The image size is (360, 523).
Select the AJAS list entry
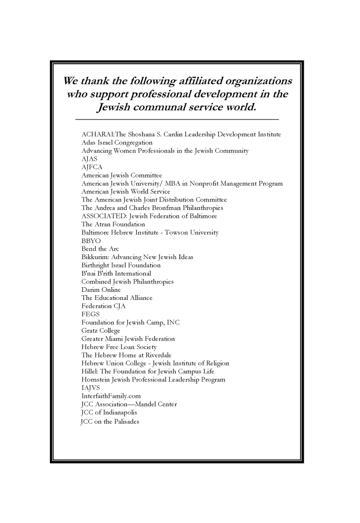pyautogui.click(x=89, y=159)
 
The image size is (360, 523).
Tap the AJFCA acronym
pyautogui.click(x=92, y=167)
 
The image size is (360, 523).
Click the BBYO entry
pyautogui.click(x=91, y=241)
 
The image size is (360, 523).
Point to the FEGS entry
pyautogui.click(x=90, y=314)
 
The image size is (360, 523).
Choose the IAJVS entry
pyautogui.click(x=90, y=388)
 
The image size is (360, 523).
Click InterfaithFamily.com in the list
pyautogui.click(x=111, y=396)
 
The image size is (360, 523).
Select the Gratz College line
pyautogui.click(x=101, y=331)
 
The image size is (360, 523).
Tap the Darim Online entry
pyautogui.click(x=101, y=290)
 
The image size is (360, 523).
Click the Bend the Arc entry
pyautogui.click(x=100, y=249)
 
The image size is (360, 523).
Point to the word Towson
pyautogui.click(x=176, y=233)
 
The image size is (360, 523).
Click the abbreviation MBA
pyautogui.click(x=172, y=183)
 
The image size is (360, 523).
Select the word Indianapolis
pyautogui.click(x=120, y=413)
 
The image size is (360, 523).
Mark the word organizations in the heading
pyautogui.click(x=258, y=81)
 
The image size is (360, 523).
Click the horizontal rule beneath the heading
pyautogui.click(x=177, y=120)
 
